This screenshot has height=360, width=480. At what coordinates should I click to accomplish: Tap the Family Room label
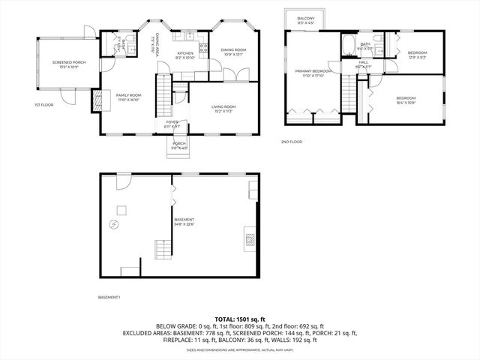coord(129,97)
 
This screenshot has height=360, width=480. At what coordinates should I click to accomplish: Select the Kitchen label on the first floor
coord(185,54)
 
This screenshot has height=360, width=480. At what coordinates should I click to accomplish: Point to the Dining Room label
coord(234,52)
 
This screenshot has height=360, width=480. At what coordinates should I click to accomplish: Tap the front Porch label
coord(178,145)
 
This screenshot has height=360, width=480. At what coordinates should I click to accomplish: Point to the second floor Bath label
coord(365,46)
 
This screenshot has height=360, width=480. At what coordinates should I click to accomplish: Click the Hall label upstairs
coord(363,64)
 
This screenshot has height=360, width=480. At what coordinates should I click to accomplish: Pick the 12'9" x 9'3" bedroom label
coord(417,54)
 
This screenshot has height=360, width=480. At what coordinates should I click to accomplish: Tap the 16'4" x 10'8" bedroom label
coord(405,100)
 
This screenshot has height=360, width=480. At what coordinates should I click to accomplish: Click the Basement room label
coord(184,221)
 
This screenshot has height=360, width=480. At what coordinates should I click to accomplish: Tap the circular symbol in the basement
coord(114,223)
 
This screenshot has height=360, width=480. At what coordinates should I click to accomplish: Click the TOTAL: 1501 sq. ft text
coord(240,319)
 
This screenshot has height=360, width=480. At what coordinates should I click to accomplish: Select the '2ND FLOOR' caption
coord(291,142)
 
